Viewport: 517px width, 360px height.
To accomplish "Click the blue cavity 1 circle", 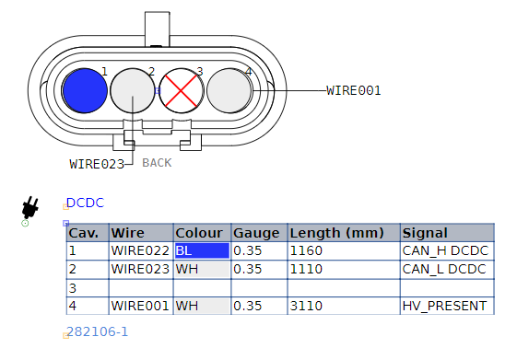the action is pos(85,90).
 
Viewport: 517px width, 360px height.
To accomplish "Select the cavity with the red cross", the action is pos(181,90).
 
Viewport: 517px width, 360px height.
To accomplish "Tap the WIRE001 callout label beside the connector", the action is pos(354,90).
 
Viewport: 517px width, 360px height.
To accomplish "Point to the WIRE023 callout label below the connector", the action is pos(97,164).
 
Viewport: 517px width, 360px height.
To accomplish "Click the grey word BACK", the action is pos(157,163).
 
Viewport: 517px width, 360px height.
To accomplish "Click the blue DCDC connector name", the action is pos(85,203).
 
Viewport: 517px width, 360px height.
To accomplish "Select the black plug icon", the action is pos(30,207).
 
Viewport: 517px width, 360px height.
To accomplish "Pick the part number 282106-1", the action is pos(97,331).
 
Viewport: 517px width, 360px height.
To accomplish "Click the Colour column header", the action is pos(199,233).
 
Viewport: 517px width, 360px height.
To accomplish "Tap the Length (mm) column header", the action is pos(336,233).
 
